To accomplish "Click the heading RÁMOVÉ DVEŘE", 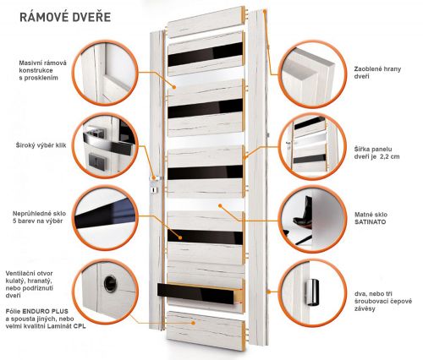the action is click(65, 17).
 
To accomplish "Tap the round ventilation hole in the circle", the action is click(110, 284).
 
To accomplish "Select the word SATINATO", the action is click(371, 222).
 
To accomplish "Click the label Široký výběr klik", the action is click(41, 145).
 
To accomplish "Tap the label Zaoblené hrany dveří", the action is click(377, 73).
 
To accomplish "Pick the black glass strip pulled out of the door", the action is click(196, 293).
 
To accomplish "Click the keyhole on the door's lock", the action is click(153, 190).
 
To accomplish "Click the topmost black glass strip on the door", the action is click(205, 54).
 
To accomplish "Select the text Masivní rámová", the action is click(43, 63).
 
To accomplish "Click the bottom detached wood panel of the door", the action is click(206, 330).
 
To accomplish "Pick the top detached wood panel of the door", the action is click(206, 22).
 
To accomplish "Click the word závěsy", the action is click(365, 308).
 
